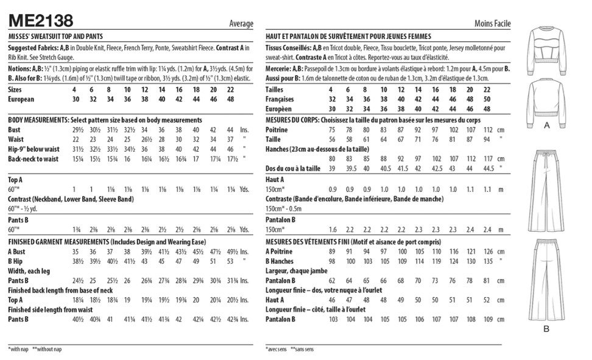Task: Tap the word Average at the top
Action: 241,24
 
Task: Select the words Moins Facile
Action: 492,24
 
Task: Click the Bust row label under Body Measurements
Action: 15,130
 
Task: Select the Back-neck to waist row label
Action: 33,159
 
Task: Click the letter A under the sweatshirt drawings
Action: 546,124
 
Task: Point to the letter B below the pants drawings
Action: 546,330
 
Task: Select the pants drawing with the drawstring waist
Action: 546,189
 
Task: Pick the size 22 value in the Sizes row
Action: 230,89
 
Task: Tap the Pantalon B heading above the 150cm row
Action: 281,219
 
